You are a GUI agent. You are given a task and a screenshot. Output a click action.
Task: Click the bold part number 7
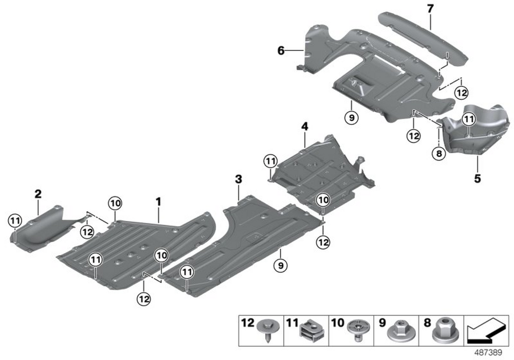pos(430,8)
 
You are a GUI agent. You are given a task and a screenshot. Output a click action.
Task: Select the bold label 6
pos(281,50)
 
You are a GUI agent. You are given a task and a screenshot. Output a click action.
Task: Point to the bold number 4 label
pos(304,125)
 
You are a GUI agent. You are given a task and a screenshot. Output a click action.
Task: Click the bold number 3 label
pos(238,179)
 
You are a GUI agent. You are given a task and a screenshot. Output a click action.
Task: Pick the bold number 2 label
pos(38,194)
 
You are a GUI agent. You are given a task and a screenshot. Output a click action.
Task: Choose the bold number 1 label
pos(159,201)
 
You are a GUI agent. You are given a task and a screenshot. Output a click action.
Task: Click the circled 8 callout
pos(438,153)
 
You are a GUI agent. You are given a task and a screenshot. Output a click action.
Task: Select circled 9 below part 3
pos(281,265)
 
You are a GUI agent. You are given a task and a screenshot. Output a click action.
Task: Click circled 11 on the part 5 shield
pos(468,119)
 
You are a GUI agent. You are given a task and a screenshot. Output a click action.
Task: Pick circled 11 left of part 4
pos(270,161)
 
